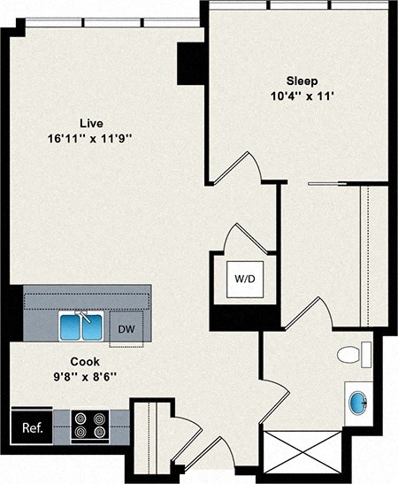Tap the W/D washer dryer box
tap(243, 279)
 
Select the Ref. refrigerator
tap(31, 427)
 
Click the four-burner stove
tap(89, 426)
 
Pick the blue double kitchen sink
tap(80, 327)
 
